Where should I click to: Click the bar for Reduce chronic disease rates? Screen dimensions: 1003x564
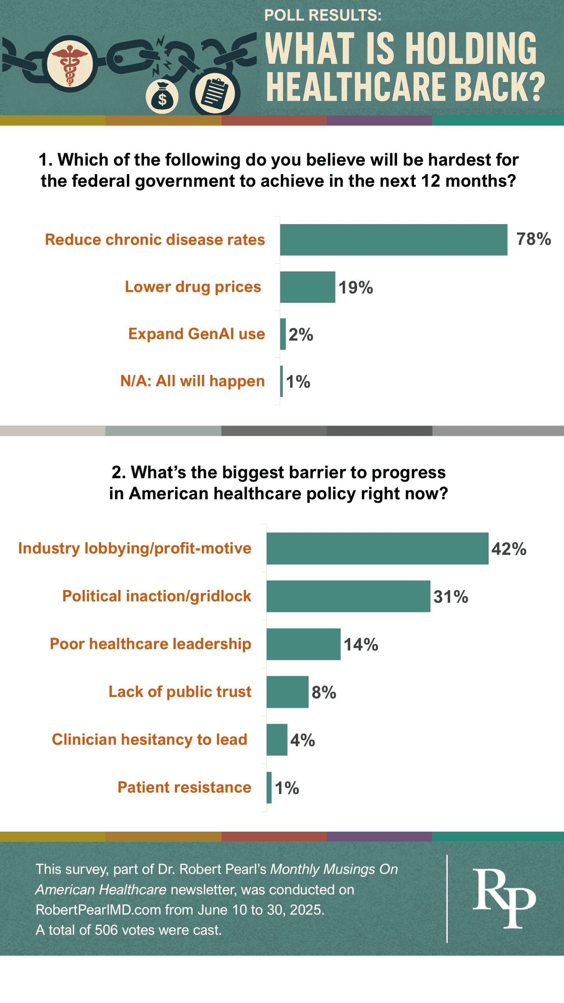[x=393, y=240]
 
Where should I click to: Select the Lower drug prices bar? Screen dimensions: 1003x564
[x=307, y=287]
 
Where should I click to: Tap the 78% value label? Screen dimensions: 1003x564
[x=533, y=239]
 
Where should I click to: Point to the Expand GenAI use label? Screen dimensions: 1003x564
[x=197, y=334]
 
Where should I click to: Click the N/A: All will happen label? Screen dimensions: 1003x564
[x=192, y=381]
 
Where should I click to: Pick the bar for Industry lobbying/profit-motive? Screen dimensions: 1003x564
[x=377, y=548]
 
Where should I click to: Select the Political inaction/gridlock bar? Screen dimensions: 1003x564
[x=348, y=596]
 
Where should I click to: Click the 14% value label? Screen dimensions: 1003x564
[x=361, y=645]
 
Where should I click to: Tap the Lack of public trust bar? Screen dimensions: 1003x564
[x=287, y=692]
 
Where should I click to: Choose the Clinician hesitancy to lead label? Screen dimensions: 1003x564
[x=150, y=739]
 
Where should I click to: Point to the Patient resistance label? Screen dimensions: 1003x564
[x=184, y=787]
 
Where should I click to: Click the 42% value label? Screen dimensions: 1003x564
[x=509, y=549]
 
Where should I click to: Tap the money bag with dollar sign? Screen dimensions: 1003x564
[x=162, y=98]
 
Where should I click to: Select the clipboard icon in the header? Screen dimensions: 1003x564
[x=214, y=93]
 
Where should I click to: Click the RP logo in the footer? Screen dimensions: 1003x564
[x=504, y=897]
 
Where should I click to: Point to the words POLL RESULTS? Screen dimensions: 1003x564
[x=323, y=15]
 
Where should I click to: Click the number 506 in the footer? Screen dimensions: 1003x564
[x=106, y=930]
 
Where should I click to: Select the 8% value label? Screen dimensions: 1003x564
[x=324, y=692]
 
